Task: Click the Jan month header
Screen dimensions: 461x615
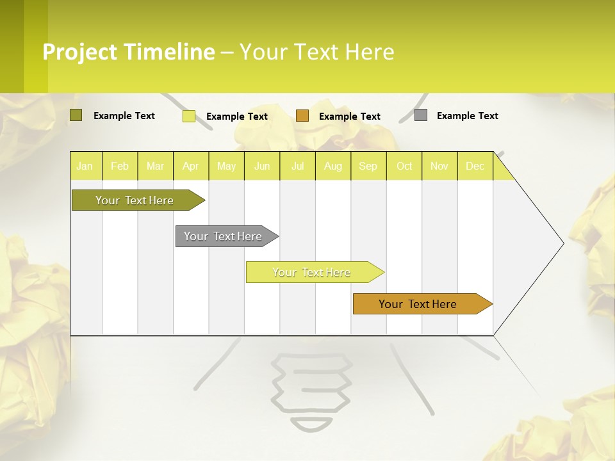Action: click(x=85, y=166)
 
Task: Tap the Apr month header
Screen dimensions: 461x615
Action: click(x=191, y=166)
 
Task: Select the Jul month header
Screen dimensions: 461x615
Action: click(x=298, y=166)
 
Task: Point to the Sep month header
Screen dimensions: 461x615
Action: click(x=368, y=166)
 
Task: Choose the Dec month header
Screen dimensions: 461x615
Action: click(x=475, y=166)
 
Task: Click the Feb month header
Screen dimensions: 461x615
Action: click(x=120, y=166)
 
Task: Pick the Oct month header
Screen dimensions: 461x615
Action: click(x=404, y=166)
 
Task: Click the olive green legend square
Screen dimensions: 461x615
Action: click(x=76, y=115)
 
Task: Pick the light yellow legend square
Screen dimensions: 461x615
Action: click(x=189, y=116)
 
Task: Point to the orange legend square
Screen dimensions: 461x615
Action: click(x=302, y=115)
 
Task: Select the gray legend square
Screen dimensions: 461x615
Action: click(x=421, y=115)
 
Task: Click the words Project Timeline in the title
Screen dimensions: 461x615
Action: click(x=129, y=52)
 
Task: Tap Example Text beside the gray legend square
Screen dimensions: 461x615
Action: click(x=467, y=116)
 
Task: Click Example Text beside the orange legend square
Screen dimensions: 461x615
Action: click(x=350, y=117)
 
